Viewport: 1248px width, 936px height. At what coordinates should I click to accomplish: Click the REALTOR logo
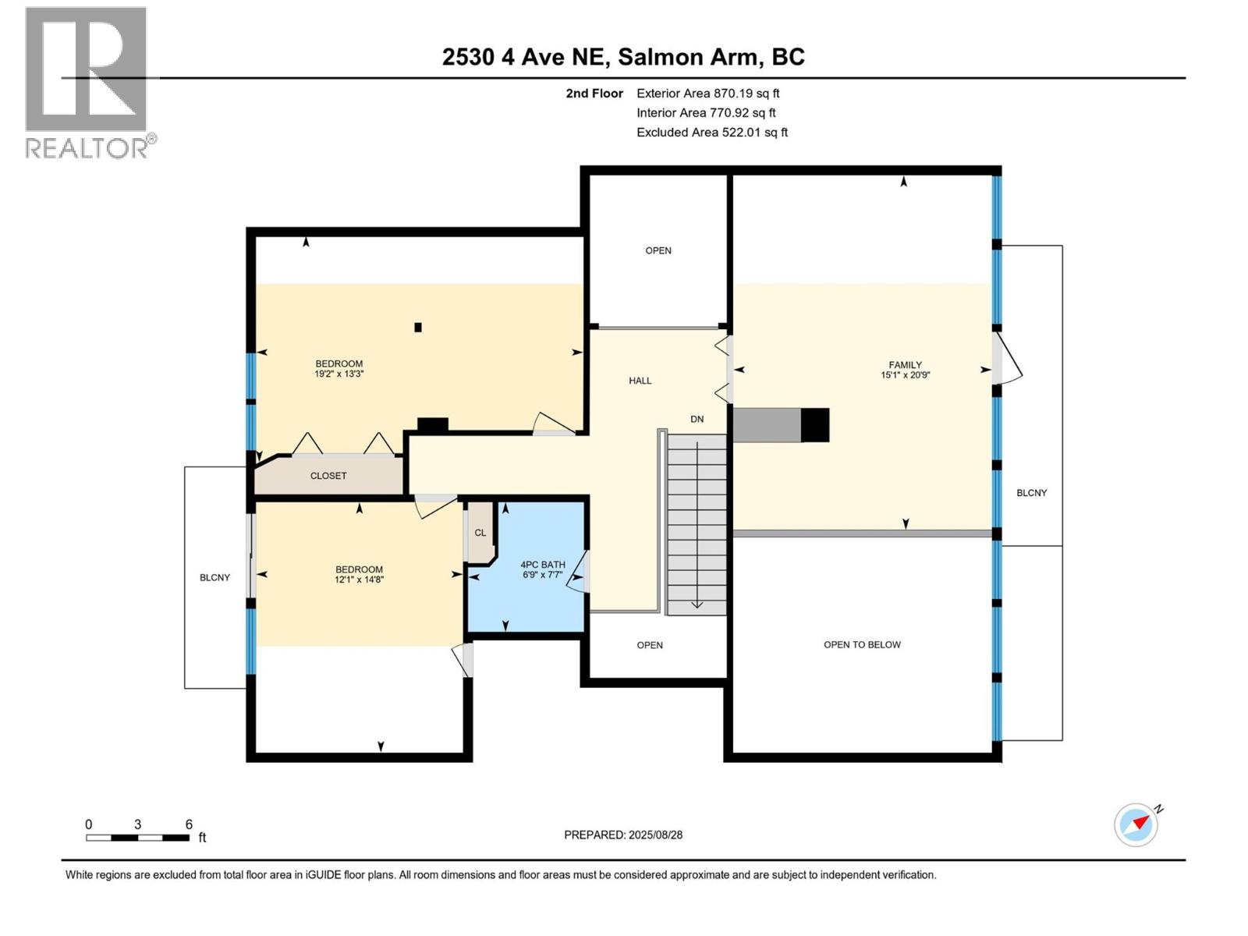pyautogui.click(x=87, y=82)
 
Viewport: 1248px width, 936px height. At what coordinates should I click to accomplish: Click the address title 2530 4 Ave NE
pyautogui.click(x=623, y=57)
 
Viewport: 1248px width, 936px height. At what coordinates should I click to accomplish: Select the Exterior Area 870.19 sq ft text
pyautogui.click(x=707, y=93)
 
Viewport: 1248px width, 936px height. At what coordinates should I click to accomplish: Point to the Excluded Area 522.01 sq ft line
pyautogui.click(x=711, y=132)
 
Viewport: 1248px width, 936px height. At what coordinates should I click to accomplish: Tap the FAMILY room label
pyautogui.click(x=905, y=364)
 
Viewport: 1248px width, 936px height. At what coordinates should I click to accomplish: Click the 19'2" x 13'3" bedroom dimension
pyautogui.click(x=339, y=374)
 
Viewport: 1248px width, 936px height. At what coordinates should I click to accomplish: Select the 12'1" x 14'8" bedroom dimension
pyautogui.click(x=359, y=580)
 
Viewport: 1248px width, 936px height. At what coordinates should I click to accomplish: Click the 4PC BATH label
pyautogui.click(x=542, y=565)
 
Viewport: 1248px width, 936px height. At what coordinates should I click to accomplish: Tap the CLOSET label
pyautogui.click(x=328, y=476)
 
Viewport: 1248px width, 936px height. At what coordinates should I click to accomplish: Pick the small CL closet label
pyautogui.click(x=480, y=533)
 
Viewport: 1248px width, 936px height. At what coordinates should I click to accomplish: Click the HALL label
pyautogui.click(x=640, y=381)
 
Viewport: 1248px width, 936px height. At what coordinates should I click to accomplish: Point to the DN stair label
pyautogui.click(x=697, y=419)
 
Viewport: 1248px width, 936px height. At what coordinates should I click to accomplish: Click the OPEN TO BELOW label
pyautogui.click(x=862, y=644)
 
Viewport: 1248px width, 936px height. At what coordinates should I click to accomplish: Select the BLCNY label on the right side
pyautogui.click(x=1031, y=493)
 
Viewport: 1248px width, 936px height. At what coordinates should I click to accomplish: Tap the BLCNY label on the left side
pyautogui.click(x=214, y=577)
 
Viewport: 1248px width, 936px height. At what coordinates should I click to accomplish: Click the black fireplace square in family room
pyautogui.click(x=815, y=425)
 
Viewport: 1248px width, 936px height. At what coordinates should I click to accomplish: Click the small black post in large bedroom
pyautogui.click(x=418, y=328)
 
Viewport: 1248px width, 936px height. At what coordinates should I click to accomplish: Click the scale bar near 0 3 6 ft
pyautogui.click(x=137, y=838)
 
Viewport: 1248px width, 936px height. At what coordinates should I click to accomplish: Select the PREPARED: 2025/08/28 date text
pyautogui.click(x=622, y=835)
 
